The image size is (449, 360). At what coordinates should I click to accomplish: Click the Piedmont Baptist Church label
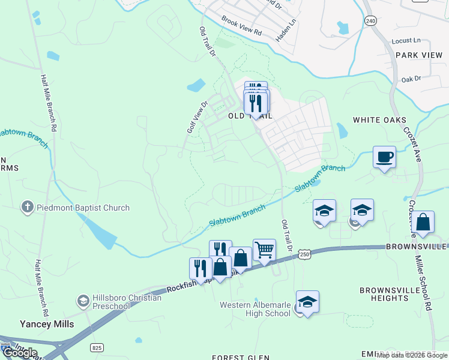coord(83,208)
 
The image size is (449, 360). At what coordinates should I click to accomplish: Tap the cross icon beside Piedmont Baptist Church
coord(27,208)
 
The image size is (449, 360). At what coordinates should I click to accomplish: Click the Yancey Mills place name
coord(47,324)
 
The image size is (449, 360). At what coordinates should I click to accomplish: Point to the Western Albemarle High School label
coord(255,309)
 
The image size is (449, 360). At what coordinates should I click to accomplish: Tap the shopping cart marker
coord(264,249)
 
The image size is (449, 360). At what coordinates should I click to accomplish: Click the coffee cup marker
coord(384,158)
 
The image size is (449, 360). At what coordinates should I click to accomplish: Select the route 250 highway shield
coord(306,254)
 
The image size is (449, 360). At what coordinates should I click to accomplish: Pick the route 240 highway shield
coord(370,21)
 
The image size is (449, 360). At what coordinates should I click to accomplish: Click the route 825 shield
coord(97,347)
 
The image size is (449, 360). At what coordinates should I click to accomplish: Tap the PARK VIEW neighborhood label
coord(419,55)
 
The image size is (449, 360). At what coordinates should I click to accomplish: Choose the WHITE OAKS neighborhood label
coord(379,120)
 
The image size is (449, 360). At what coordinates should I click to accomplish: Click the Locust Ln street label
coord(406,40)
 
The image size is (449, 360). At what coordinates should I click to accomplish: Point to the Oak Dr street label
coord(411,79)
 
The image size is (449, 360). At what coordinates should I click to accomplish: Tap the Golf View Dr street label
coord(196,117)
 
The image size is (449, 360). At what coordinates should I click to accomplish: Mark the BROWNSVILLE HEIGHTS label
coord(393,294)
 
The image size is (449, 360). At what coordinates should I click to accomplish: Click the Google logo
coord(20,353)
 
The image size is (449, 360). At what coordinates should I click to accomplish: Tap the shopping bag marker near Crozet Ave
coord(423,221)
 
